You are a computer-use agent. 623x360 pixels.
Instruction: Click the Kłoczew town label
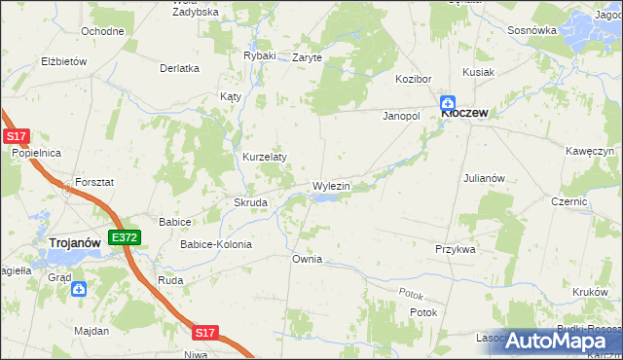coord(464,113)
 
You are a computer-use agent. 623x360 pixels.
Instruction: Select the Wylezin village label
coord(331,185)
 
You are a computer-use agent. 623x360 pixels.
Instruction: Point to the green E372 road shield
coord(125,236)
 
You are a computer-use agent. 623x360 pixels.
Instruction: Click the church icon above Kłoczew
coord(449,100)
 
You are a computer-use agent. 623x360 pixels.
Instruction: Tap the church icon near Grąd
coord(79,289)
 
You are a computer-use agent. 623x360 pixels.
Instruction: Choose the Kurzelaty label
coord(264,157)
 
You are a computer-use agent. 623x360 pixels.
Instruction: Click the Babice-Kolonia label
coord(215,244)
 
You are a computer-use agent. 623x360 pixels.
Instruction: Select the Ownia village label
coord(307,260)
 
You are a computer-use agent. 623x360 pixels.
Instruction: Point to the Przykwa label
coord(455,249)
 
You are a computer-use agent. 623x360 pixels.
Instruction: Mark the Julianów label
coord(484,178)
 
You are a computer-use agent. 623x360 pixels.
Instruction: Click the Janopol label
coord(400,116)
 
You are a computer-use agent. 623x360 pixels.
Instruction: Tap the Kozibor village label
coord(413,78)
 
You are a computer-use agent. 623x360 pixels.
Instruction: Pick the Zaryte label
coord(307,57)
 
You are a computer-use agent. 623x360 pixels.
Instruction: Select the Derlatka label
coord(179,68)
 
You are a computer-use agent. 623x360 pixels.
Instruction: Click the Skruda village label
coord(251,202)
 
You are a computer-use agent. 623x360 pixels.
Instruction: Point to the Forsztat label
coord(92,182)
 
